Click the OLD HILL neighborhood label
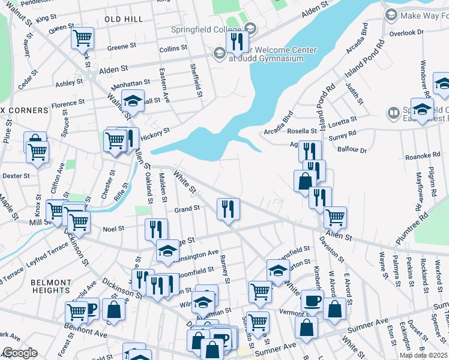[x=124, y=19]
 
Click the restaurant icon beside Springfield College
[x=238, y=41]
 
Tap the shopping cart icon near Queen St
[x=82, y=38]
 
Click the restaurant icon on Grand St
[x=228, y=209]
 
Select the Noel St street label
[x=113, y=229]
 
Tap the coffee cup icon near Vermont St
[x=312, y=301]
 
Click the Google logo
[x=20, y=353]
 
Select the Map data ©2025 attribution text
[x=423, y=356]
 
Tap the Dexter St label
[x=16, y=176]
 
